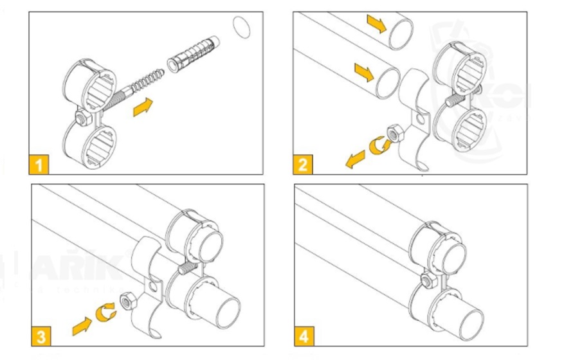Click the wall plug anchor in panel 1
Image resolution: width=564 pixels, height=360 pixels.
(192, 56)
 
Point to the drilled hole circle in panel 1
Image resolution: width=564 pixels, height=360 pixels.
(241, 28)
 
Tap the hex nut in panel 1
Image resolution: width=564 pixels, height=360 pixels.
(81, 118)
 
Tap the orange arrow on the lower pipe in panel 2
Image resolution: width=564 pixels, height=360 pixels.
(363, 71)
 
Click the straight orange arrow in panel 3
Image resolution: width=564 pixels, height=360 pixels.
(82, 324)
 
